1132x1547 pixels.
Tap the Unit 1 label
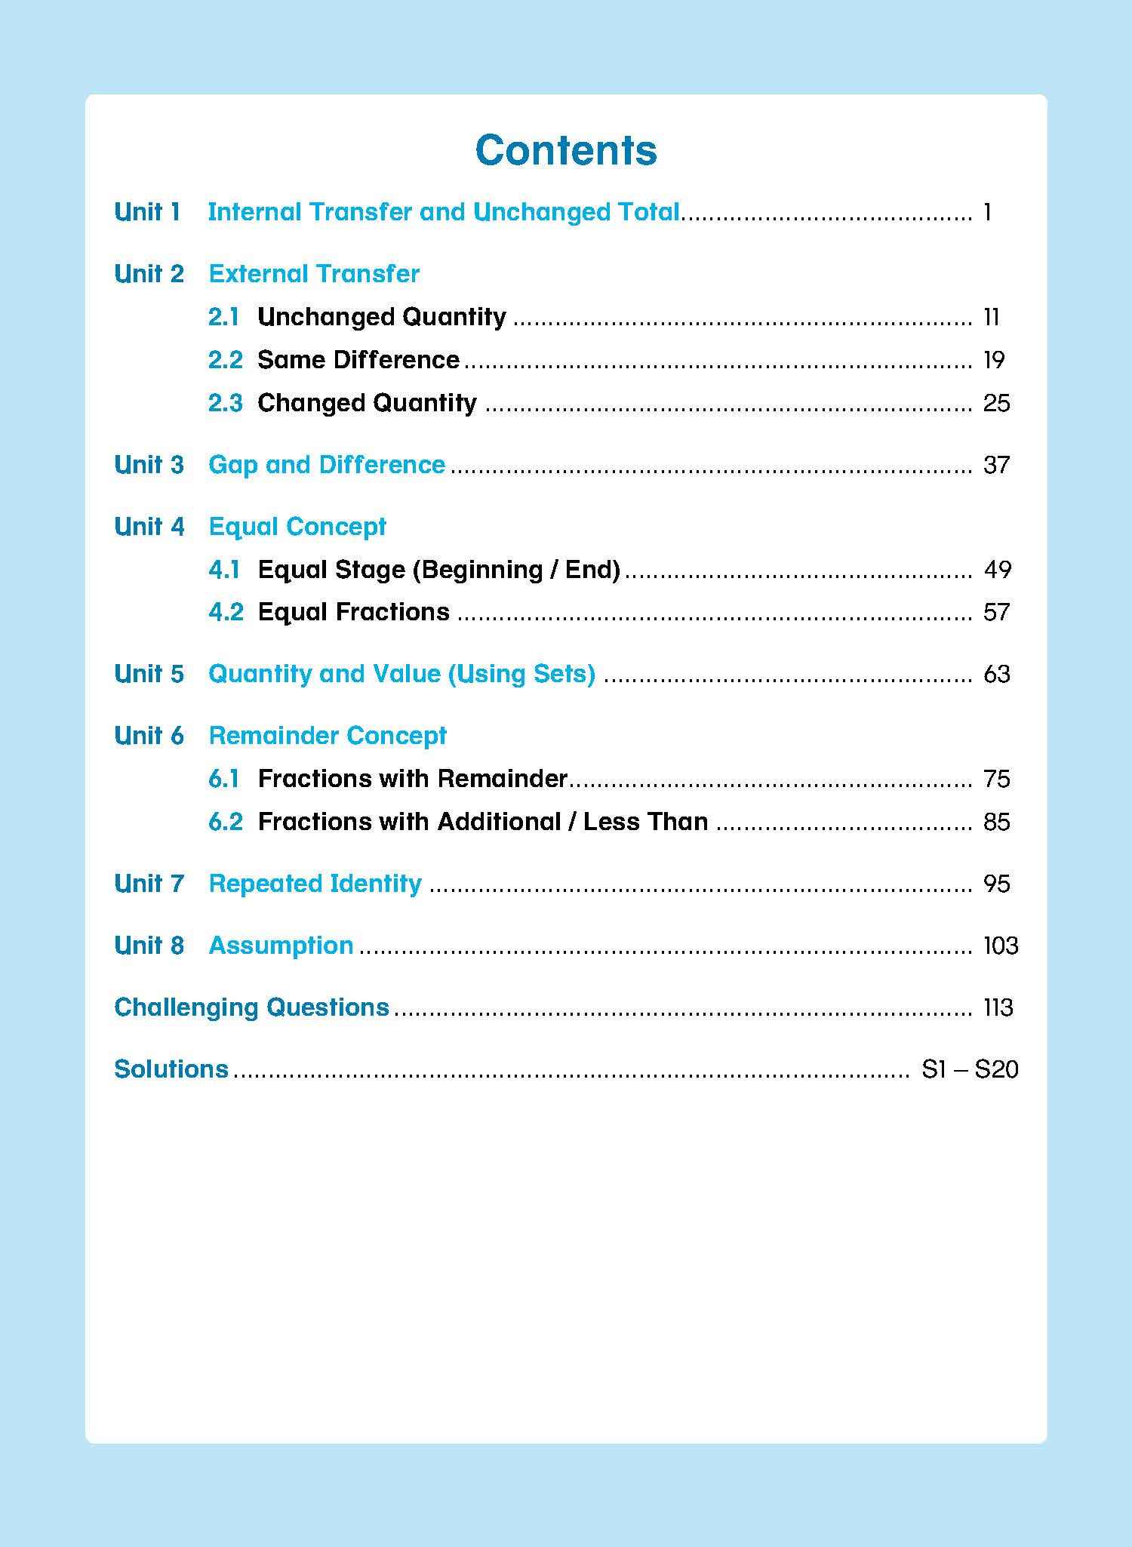coord(148,212)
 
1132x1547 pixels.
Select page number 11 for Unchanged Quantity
coord(992,317)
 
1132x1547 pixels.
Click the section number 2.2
coord(225,360)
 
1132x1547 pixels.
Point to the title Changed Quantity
coord(367,403)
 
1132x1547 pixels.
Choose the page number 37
coord(996,465)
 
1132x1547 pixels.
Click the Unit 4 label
coord(149,527)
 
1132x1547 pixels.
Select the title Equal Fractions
coord(353,612)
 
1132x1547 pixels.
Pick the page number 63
coord(996,674)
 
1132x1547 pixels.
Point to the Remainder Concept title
coord(328,736)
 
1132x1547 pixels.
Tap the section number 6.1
coord(223,779)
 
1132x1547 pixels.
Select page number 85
coord(996,822)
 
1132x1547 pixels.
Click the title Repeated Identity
coord(315,884)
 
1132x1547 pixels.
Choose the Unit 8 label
coord(149,946)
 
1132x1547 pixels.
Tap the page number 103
coord(1001,946)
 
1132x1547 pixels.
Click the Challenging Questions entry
coord(251,1007)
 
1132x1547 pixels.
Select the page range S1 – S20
coord(970,1069)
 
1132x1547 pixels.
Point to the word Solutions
coord(171,1069)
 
